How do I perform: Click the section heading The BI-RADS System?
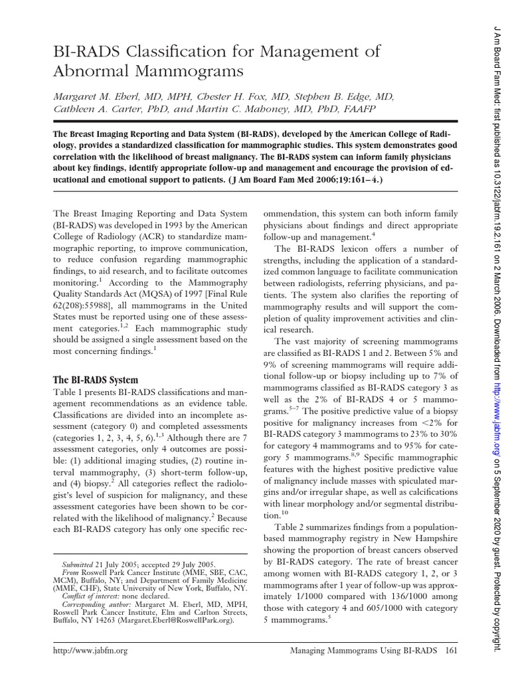click(x=96, y=381)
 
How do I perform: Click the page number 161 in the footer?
click(x=450, y=651)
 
